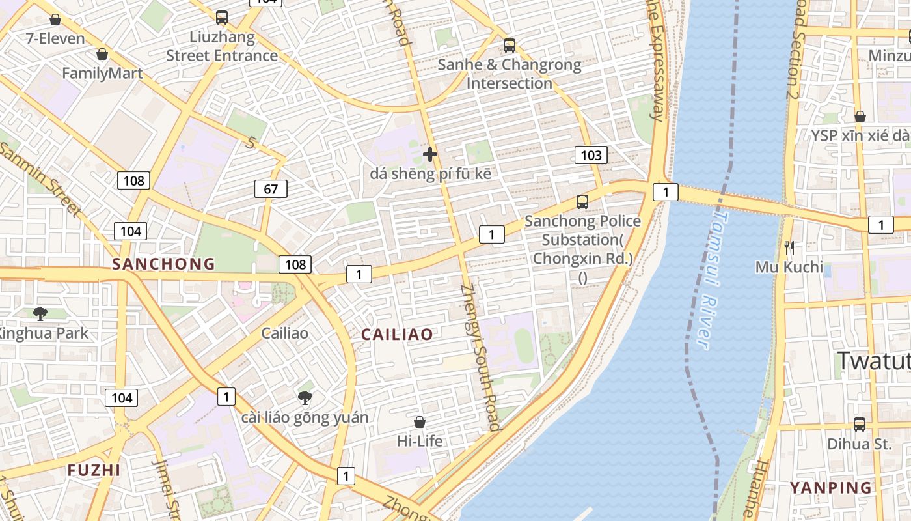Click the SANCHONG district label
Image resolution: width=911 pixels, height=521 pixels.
click(x=163, y=264)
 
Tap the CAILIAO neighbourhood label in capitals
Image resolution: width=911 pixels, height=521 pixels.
click(x=397, y=335)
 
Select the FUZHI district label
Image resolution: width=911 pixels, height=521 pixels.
click(x=94, y=470)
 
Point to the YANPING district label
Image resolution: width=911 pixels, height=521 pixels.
click(x=830, y=488)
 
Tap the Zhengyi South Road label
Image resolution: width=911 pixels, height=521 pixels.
click(x=481, y=358)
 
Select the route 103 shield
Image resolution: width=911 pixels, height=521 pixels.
click(x=591, y=155)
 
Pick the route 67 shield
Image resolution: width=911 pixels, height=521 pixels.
click(x=271, y=190)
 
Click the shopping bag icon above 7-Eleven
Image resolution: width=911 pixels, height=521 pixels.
click(x=55, y=20)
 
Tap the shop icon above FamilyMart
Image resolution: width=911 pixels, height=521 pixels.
click(x=102, y=54)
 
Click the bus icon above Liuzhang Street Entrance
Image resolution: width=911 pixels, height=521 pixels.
click(x=222, y=18)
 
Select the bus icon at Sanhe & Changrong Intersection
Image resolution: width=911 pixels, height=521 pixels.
click(x=510, y=46)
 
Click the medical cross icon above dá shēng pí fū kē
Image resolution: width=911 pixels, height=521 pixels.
click(x=430, y=154)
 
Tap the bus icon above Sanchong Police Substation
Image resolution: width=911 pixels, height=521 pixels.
click(x=582, y=202)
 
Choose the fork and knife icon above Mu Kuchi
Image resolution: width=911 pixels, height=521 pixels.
click(x=789, y=247)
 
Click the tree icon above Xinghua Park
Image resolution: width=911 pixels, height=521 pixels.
click(x=40, y=314)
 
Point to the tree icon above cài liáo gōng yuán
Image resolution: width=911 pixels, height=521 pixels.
click(x=305, y=397)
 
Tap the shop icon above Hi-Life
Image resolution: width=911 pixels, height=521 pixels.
click(x=420, y=422)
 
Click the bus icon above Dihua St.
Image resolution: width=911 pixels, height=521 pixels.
click(x=859, y=425)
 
